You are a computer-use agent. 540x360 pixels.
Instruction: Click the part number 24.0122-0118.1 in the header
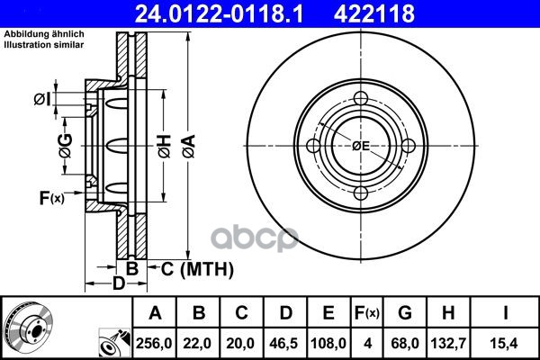(220, 13)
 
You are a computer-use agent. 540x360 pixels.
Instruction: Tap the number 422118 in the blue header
(374, 13)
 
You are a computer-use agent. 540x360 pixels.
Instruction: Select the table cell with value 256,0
(154, 343)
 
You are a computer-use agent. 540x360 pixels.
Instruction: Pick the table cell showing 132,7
(448, 343)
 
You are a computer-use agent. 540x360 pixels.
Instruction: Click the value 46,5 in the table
(284, 343)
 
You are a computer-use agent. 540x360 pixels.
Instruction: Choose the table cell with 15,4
(504, 343)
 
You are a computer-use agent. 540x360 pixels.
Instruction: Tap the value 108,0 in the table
(328, 343)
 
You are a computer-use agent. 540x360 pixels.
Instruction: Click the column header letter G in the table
(405, 313)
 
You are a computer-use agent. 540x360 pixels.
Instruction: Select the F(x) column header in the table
(367, 313)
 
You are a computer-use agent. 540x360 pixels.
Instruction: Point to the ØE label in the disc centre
(361, 146)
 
